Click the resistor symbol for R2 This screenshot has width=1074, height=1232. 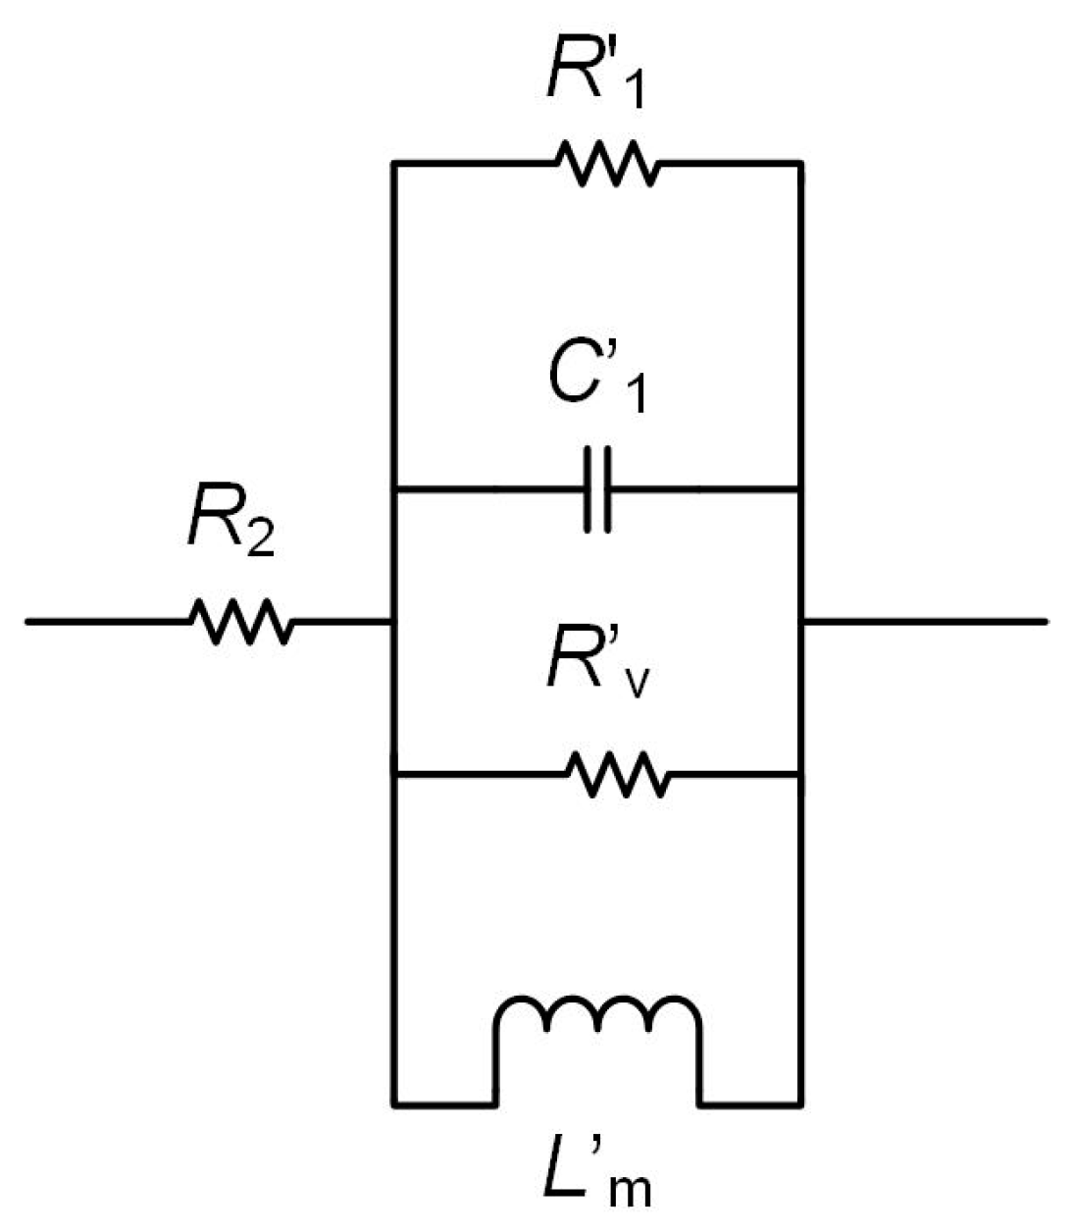(240, 622)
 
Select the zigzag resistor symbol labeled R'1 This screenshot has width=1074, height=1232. (608, 163)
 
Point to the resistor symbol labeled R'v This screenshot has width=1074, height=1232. (619, 775)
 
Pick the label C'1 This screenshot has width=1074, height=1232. (596, 383)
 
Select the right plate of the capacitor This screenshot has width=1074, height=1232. (609, 489)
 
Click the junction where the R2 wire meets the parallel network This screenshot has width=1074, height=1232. (393, 622)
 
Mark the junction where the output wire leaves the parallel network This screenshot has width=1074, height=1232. (803, 622)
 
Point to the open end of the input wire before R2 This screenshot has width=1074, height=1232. (27, 622)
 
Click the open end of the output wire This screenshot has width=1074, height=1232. (1046, 622)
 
